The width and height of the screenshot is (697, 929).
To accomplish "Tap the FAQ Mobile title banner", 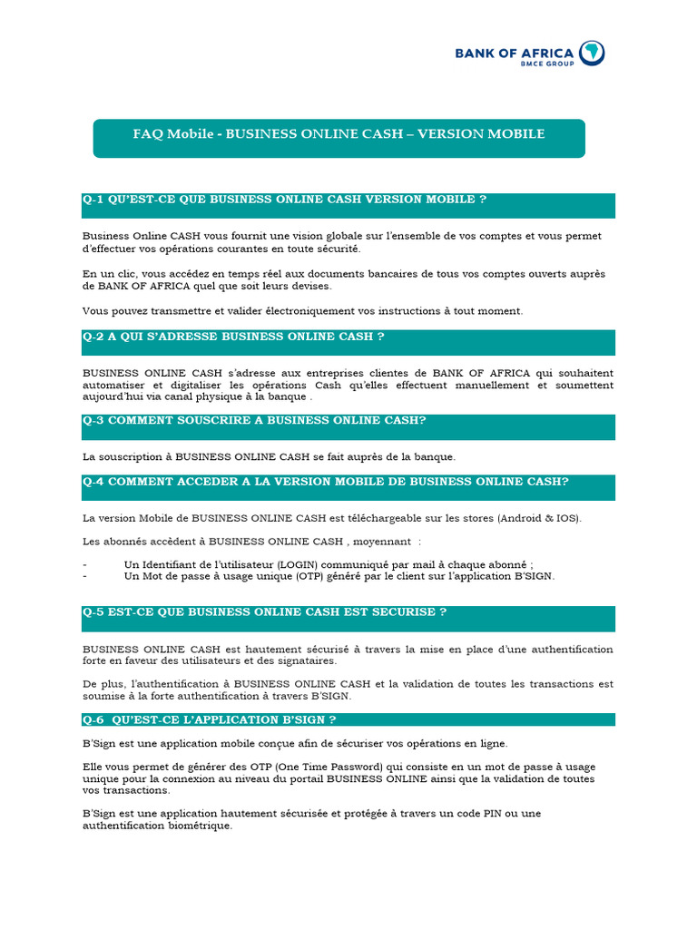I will click(x=339, y=134).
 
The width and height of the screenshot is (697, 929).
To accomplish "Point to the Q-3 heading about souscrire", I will click(x=254, y=420).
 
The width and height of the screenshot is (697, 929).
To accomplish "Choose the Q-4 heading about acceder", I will click(x=326, y=481).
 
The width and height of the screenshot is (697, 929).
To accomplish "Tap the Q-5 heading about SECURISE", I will click(x=264, y=611).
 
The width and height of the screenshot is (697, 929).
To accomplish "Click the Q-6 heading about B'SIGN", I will click(x=210, y=719).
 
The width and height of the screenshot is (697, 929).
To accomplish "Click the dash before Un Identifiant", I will click(x=84, y=562).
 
